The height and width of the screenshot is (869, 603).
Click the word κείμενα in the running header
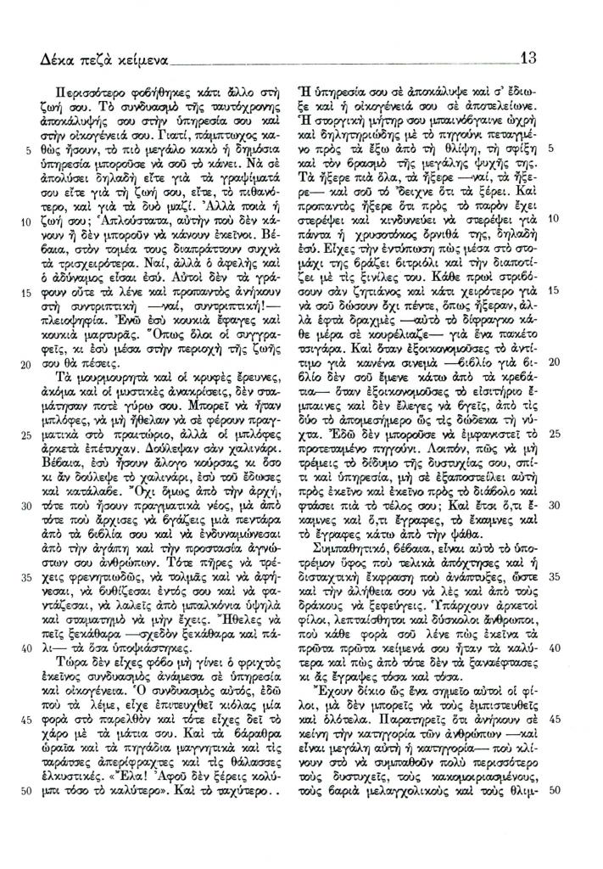click(x=139, y=61)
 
